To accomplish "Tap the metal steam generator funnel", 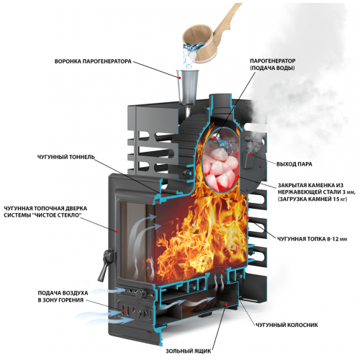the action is (188, 88).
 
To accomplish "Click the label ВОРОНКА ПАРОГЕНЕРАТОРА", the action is (93, 61).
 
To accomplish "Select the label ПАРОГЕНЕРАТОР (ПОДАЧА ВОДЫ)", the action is (272, 64).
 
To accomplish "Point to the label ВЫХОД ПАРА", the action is (294, 164).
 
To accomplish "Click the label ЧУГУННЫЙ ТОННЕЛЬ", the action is (66, 157).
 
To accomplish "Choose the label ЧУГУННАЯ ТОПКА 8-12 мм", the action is (312, 239).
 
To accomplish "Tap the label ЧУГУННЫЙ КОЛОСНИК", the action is (287, 325).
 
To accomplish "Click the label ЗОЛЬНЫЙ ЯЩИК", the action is (189, 351).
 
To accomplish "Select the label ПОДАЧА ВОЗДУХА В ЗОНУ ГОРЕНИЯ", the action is (63, 297).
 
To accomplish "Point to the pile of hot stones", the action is (220, 168).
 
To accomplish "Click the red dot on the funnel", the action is (179, 78).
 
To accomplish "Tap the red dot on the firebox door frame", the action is (117, 232).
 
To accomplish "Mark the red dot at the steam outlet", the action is (250, 154).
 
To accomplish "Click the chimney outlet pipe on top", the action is (220, 102).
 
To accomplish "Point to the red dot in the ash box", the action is (226, 305).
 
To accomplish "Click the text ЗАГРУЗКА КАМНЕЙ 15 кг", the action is (312, 199).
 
